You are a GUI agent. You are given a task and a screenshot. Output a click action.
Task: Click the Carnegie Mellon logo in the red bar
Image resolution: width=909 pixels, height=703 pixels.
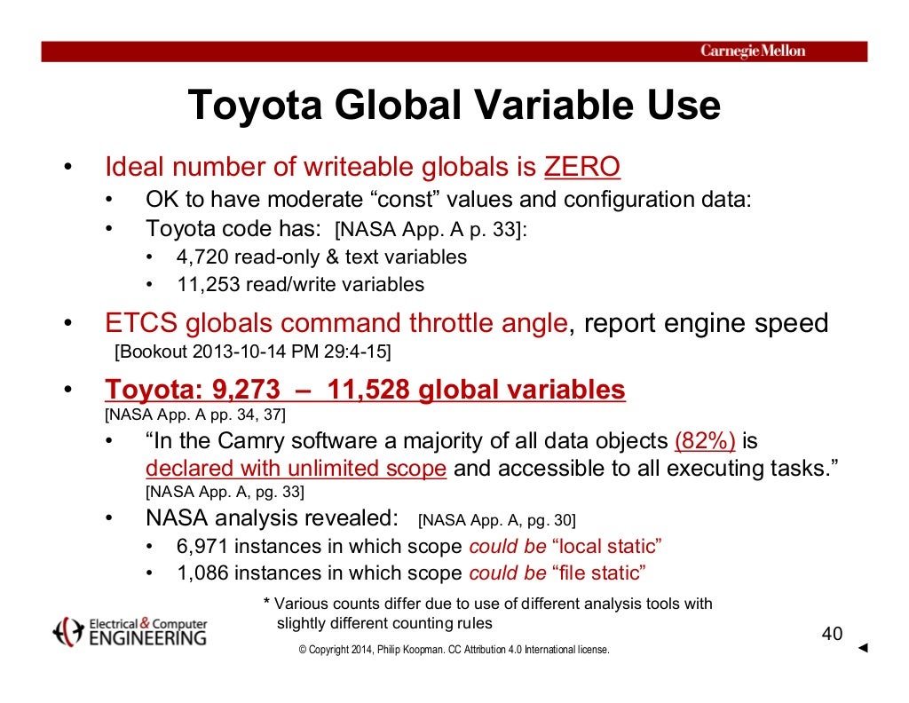point(753,51)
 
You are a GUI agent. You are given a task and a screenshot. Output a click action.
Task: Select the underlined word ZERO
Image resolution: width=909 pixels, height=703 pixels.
point(581,167)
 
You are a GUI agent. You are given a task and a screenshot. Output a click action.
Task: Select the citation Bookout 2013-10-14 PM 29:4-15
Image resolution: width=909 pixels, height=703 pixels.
point(253,351)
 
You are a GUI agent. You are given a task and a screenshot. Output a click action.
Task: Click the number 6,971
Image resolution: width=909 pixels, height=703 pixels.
point(203,546)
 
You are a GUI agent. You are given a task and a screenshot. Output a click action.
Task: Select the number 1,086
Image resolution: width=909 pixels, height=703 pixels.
point(203,573)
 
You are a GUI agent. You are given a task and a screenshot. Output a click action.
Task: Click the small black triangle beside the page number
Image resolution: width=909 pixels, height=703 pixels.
point(863,649)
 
